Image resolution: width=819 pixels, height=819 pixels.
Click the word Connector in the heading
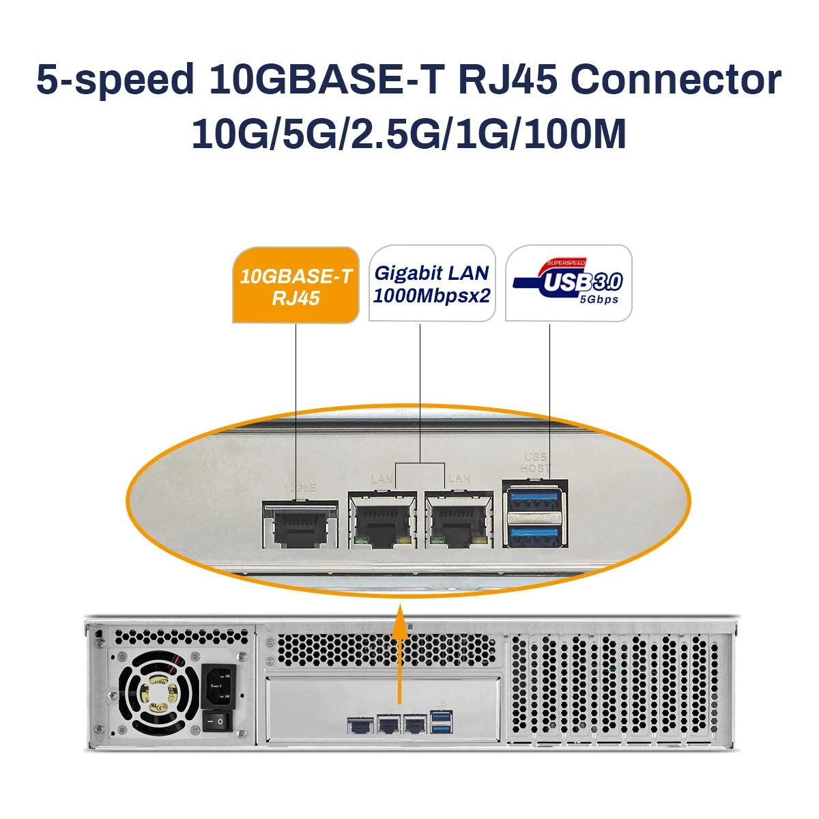[675, 80]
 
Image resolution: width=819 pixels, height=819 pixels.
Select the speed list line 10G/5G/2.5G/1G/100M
[409, 134]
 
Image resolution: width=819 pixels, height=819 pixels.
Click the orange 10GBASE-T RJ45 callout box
[296, 286]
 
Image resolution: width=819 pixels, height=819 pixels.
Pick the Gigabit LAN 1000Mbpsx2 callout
[432, 284]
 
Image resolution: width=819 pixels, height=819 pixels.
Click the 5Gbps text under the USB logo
[599, 300]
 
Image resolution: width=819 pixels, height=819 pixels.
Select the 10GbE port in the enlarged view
[300, 524]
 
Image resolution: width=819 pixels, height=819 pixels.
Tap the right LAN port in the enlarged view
[459, 521]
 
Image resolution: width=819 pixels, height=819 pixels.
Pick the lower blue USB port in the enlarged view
[534, 534]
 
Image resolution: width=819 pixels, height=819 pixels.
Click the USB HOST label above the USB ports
[534, 463]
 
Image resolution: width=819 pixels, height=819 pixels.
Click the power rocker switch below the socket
[218, 720]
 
